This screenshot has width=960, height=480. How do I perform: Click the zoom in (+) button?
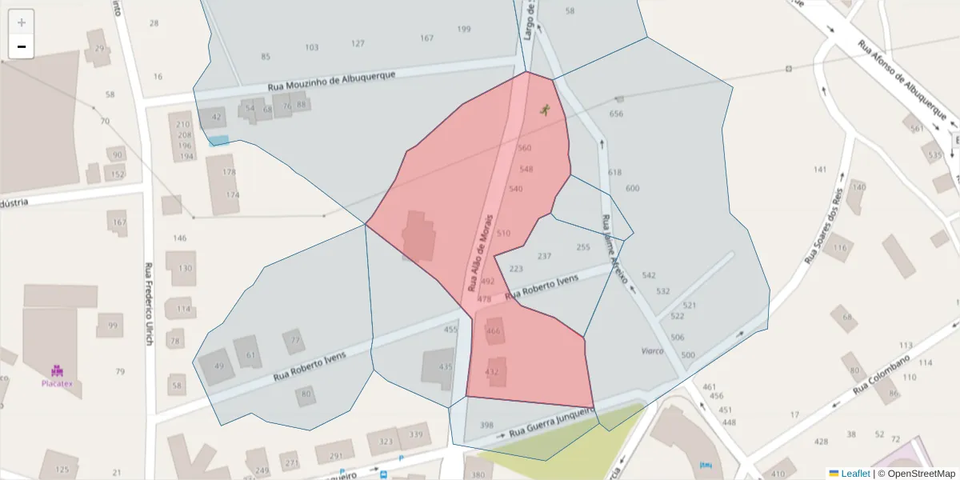tap(22, 22)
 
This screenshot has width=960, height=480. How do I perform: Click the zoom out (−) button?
tap(22, 46)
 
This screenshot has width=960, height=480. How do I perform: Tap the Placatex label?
tap(58, 383)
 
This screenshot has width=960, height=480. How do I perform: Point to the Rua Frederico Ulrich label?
tap(148, 305)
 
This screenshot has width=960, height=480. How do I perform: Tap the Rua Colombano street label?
tap(882, 373)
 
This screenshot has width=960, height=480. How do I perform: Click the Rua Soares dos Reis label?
tap(824, 229)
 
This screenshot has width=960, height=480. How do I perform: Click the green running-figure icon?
tap(546, 110)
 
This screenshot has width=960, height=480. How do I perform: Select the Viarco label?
tap(653, 350)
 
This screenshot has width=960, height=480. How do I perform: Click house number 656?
tap(616, 114)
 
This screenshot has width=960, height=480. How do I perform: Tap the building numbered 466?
tap(494, 331)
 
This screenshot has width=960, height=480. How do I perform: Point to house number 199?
tap(464, 30)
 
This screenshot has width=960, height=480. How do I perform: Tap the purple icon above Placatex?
tap(58, 370)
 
